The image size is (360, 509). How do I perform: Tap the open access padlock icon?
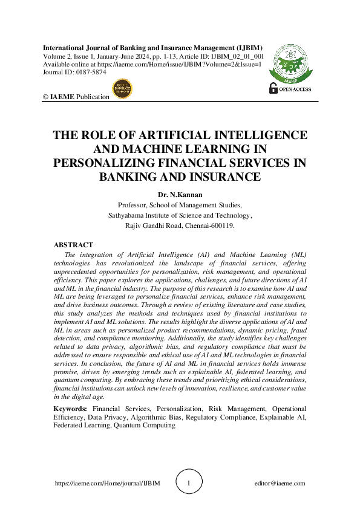pos(273,88)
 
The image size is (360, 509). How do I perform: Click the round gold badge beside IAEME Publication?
pos(122,88)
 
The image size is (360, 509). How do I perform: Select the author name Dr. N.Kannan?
pos(180,195)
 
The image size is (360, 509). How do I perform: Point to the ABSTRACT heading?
pos(73,245)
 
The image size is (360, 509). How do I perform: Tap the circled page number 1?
pos(189,484)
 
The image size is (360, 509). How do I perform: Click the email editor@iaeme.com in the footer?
pos(280,484)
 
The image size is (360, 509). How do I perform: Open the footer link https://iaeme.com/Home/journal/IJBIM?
pos(107,484)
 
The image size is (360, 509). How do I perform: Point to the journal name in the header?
pos(152,47)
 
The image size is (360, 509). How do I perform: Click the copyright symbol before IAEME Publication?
pos(46,97)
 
